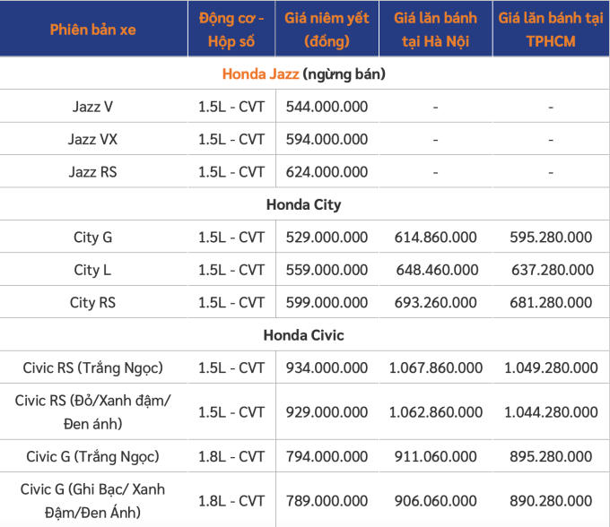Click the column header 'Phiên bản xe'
(92, 30)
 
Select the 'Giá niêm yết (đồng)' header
(327, 30)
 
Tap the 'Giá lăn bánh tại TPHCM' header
(550, 30)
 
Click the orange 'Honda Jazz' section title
(260, 74)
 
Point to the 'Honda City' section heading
(303, 204)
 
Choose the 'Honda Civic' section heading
(303, 335)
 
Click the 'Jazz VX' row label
(92, 139)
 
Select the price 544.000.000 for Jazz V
(327, 107)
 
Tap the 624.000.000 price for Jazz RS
(327, 171)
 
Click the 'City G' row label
(92, 238)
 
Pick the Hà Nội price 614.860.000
(435, 238)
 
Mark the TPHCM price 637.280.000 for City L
(550, 270)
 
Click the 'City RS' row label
(92, 302)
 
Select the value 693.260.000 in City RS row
(435, 302)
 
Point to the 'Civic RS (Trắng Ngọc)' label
(92, 367)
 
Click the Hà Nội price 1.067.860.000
(435, 367)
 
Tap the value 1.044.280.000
(550, 412)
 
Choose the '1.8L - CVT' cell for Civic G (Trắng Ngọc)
(231, 456)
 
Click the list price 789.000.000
(327, 500)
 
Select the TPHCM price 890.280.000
(550, 500)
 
